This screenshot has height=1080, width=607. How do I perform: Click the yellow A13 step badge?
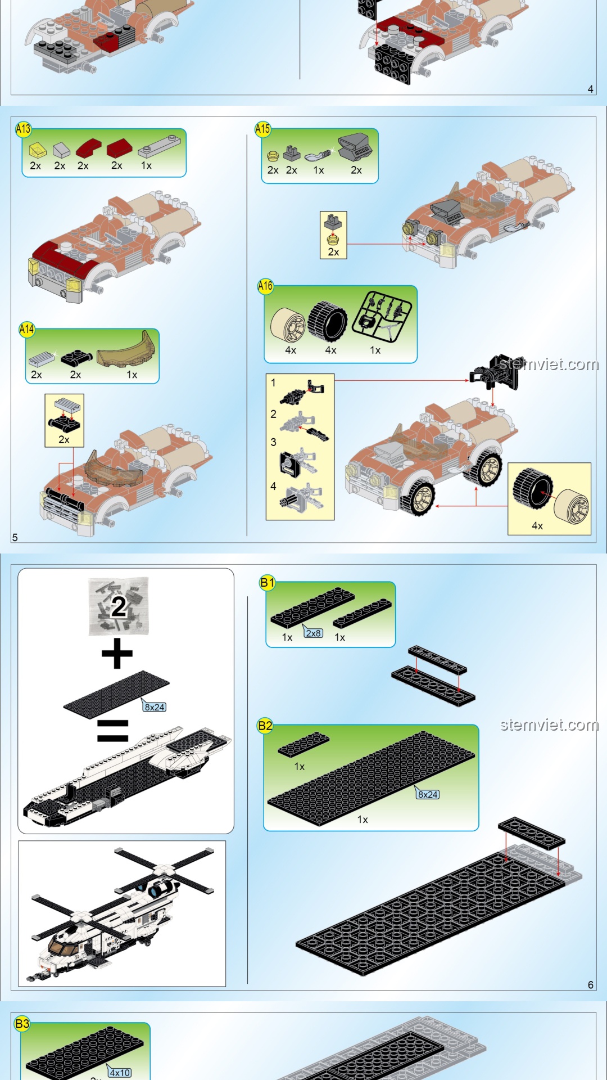coord(23,129)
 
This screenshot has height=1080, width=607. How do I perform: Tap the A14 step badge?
coord(26,329)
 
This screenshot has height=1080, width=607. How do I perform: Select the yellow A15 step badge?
coord(262,129)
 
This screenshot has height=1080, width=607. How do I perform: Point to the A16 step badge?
coord(265,286)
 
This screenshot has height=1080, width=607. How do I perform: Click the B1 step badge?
coord(267,583)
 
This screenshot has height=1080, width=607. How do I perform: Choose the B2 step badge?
coord(265,726)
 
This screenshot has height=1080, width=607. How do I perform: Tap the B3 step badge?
coord(22,1024)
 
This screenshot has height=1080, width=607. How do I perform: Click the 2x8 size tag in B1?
coord(313,632)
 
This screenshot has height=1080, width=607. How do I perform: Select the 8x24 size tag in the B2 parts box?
coord(427,794)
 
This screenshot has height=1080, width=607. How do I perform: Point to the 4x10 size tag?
coord(119,1072)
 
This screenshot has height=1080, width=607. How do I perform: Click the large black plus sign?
coord(117,654)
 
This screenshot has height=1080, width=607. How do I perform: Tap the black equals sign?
coord(112,731)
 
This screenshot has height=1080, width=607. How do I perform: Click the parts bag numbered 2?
coord(119,606)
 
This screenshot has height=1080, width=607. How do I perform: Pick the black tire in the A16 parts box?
coord(328,322)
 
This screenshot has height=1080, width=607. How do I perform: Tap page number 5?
coord(15,537)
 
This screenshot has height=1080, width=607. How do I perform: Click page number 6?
coord(591,985)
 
